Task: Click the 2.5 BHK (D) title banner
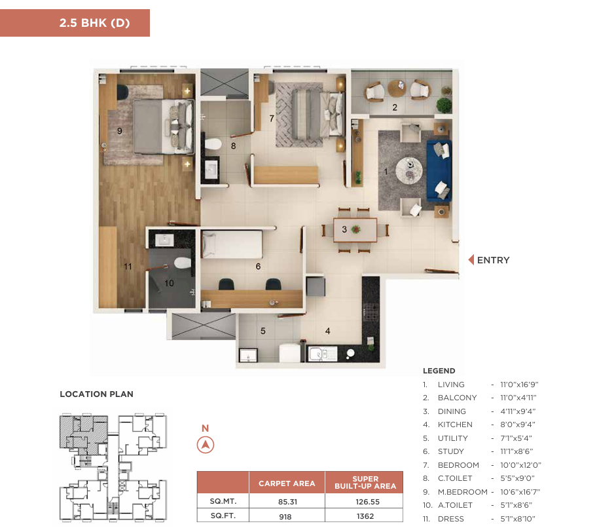pos(75,23)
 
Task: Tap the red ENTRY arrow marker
pos(471,260)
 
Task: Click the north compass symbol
pos(206,445)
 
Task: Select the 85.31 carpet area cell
pos(287,502)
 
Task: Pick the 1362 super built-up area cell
pos(365,516)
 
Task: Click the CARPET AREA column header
pos(287,483)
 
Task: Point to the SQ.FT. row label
pos(223,516)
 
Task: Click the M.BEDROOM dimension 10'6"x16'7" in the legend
pos(520,492)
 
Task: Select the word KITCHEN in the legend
pos(455,425)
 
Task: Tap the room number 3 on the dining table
pos(344,229)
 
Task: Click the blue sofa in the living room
pos(439,170)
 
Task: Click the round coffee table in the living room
pos(409,170)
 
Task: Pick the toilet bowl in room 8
pos(213,144)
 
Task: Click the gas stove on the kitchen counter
pos(371,311)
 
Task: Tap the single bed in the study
pos(232,244)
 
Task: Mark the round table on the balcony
pos(397,88)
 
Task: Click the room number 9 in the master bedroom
pos(120,131)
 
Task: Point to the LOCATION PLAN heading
pos(97,394)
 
